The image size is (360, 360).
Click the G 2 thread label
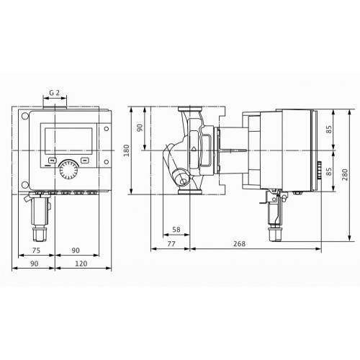[54, 93]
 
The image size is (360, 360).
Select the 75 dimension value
[36, 251]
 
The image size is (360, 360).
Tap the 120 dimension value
[81, 264]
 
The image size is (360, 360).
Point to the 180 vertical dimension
[127, 150]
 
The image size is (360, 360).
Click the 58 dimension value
[176, 230]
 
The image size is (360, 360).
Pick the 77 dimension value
[171, 243]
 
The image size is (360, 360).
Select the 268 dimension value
[239, 243]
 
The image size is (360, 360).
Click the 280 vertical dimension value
[345, 174]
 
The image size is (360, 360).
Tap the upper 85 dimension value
[330, 130]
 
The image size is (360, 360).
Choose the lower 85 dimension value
[330, 171]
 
